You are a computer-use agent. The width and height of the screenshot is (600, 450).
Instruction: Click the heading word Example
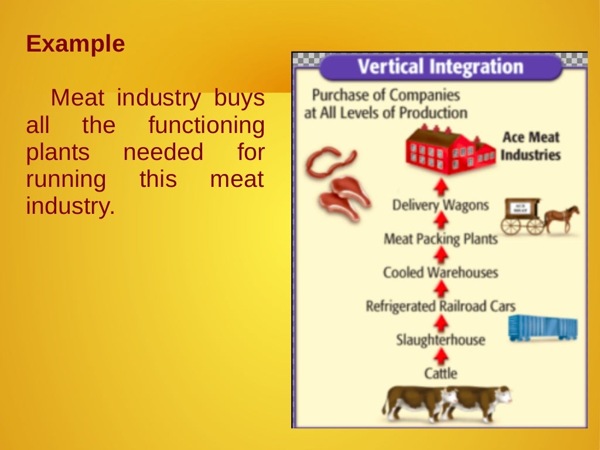tap(76, 45)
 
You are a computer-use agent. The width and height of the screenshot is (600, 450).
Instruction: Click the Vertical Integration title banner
tap(440, 67)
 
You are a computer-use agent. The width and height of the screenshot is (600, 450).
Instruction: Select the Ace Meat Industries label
tap(530, 146)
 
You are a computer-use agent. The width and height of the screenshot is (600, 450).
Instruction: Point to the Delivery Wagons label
tap(440, 205)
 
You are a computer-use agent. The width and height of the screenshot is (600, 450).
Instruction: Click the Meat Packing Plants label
tap(440, 239)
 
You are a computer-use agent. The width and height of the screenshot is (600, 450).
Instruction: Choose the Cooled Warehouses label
tap(440, 272)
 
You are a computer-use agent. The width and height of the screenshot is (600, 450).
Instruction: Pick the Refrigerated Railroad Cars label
tap(440, 306)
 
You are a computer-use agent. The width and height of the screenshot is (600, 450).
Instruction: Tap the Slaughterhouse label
tap(440, 340)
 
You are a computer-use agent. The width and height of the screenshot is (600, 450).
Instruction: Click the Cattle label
tap(440, 373)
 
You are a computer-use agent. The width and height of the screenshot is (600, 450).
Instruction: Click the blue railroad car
tap(543, 328)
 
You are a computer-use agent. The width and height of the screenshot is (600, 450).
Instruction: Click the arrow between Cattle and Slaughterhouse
tap(441, 356)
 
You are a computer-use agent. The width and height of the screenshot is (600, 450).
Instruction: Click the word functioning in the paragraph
tap(206, 125)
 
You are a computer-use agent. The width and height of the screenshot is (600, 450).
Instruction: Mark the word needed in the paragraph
tap(162, 152)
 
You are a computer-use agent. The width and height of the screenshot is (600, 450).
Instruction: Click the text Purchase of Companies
tap(386, 95)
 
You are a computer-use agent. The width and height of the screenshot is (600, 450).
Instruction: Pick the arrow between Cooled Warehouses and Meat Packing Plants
tap(441, 255)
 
